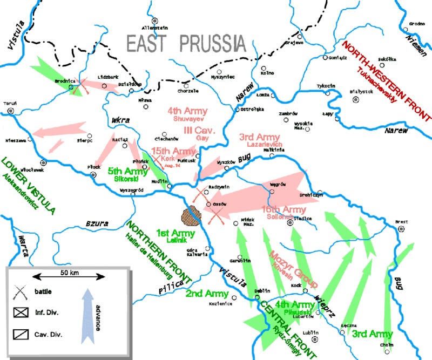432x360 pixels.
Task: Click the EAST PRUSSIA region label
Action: pyautogui.click(x=185, y=43)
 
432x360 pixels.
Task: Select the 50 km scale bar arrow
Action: pyautogui.click(x=69, y=276)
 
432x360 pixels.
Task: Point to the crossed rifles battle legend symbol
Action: pyautogui.click(x=20, y=292)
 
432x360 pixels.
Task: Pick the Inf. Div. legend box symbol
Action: pyautogui.click(x=21, y=312)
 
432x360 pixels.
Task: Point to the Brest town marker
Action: pyautogui.click(x=401, y=228)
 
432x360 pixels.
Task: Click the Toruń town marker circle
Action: pyautogui.click(x=11, y=112)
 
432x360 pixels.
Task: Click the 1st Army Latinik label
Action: pyautogui.click(x=171, y=234)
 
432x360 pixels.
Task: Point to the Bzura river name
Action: pyautogui.click(x=96, y=222)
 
